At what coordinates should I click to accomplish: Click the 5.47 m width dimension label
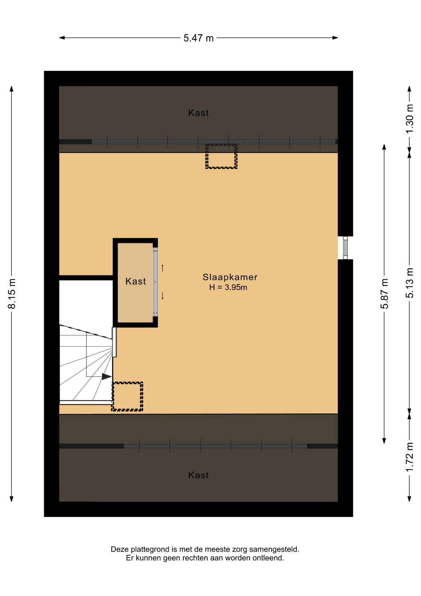(198, 38)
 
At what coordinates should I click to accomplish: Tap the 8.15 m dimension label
(11, 294)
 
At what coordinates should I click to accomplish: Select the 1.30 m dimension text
(410, 119)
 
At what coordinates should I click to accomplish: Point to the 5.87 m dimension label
(384, 294)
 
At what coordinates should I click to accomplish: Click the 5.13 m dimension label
(410, 283)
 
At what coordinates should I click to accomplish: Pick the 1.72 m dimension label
(410, 457)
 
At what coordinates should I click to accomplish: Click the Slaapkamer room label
(230, 277)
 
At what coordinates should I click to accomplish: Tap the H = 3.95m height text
(228, 287)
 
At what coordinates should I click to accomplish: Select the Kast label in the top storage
(198, 113)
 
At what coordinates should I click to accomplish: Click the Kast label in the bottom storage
(198, 475)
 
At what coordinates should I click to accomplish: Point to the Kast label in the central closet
(135, 281)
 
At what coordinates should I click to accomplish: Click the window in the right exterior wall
(345, 248)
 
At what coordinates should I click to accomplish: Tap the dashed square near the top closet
(221, 156)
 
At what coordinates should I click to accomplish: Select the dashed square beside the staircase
(127, 396)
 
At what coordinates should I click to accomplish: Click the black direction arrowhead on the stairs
(107, 377)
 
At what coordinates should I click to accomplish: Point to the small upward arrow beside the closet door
(162, 268)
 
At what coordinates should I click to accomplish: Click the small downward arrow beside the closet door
(162, 296)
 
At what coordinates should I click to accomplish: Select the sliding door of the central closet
(155, 282)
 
